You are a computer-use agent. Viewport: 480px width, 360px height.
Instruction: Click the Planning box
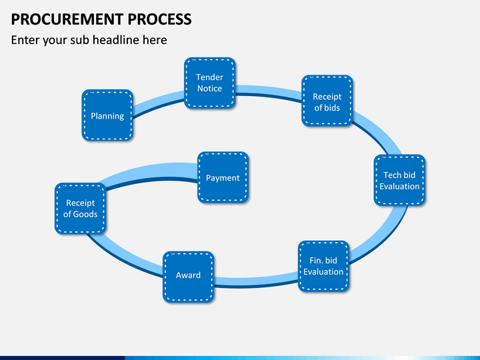(107, 115)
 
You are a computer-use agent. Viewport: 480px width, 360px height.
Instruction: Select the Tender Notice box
(210, 83)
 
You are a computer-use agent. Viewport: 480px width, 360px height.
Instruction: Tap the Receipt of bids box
(327, 101)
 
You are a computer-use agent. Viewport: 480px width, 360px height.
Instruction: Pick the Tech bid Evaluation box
(399, 180)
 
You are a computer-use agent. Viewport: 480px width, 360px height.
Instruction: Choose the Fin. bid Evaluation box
(323, 266)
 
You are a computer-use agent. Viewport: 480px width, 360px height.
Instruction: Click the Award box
(188, 277)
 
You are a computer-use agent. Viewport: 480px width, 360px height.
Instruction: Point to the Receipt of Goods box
(81, 209)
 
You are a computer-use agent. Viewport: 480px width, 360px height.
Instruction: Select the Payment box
(223, 177)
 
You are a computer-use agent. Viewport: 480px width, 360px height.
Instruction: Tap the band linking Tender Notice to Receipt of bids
(269, 92)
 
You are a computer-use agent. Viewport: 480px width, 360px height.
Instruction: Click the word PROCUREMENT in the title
(67, 19)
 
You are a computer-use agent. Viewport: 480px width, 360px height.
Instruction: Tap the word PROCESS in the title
(159, 19)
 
